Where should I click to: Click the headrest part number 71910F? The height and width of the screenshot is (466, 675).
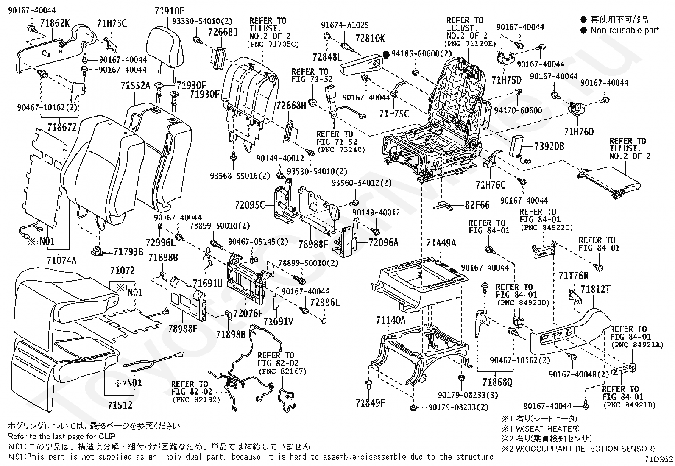(x=169, y=11)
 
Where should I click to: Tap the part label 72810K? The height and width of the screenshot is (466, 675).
(x=370, y=39)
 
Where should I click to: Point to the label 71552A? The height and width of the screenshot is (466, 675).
(x=135, y=86)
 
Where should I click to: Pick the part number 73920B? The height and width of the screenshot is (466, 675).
(x=549, y=146)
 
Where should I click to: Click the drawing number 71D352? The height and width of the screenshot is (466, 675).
(x=659, y=459)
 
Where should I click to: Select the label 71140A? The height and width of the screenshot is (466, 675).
(x=391, y=320)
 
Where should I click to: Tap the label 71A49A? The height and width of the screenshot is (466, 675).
(x=441, y=243)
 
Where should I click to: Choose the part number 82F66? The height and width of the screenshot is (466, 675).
(x=477, y=205)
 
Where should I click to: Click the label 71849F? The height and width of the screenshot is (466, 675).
(x=370, y=403)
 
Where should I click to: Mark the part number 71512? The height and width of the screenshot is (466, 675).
(x=120, y=405)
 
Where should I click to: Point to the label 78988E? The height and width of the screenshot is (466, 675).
(x=183, y=329)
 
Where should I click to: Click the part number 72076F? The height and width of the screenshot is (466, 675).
(x=248, y=313)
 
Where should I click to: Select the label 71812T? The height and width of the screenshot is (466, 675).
(x=595, y=289)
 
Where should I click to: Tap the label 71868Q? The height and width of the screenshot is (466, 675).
(x=497, y=382)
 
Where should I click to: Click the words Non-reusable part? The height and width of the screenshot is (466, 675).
(x=625, y=31)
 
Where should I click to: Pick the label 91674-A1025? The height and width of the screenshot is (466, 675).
(x=345, y=25)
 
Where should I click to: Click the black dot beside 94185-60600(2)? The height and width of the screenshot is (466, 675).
(x=386, y=55)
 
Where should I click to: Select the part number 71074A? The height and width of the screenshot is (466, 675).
(x=61, y=260)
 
